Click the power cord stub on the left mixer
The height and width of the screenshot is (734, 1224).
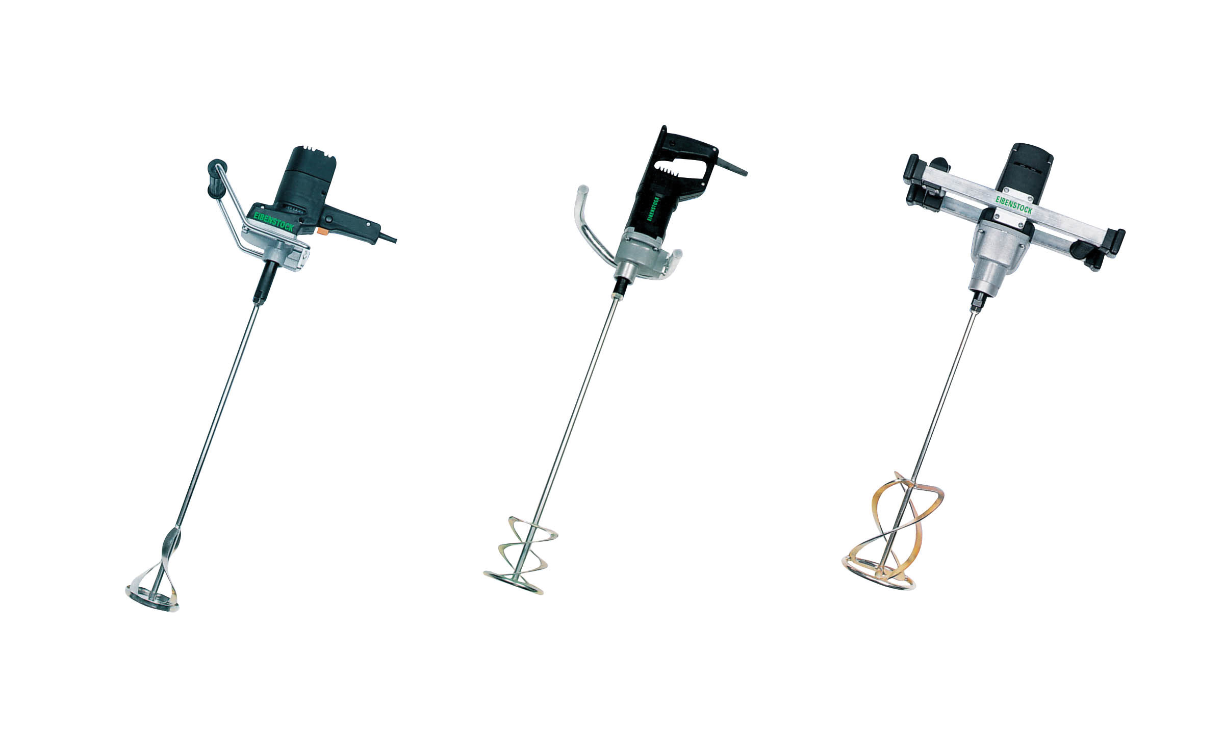(x=388, y=238)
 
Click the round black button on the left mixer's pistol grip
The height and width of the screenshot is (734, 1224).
(x=329, y=219)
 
